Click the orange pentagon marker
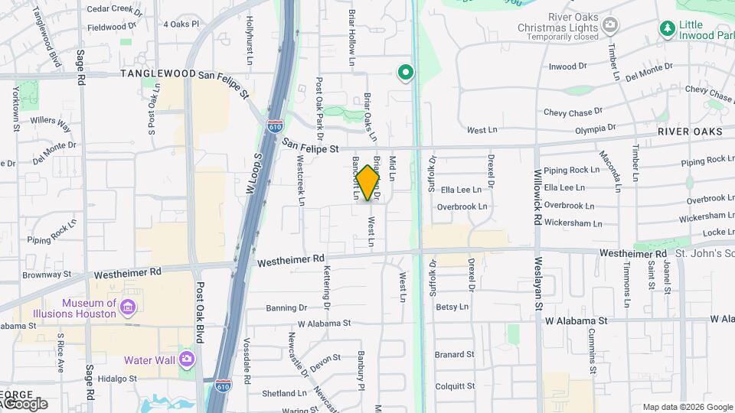pyautogui.click(x=368, y=183)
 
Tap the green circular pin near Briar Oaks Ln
pyautogui.click(x=405, y=73)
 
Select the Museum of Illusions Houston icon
pyautogui.click(x=129, y=307)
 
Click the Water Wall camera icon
pyautogui.click(x=187, y=359)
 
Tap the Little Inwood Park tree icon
pyautogui.click(x=667, y=28)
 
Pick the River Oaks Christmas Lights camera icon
pyautogui.click(x=610, y=25)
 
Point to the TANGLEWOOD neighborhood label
pyautogui.click(x=158, y=74)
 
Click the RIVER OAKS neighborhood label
pyautogui.click(x=690, y=132)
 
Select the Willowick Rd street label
pyautogui.click(x=538, y=197)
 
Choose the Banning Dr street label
pyautogui.click(x=286, y=308)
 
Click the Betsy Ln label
pyautogui.click(x=452, y=307)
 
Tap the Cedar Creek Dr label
pyautogui.click(x=115, y=11)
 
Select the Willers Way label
pyautogui.click(x=51, y=122)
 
